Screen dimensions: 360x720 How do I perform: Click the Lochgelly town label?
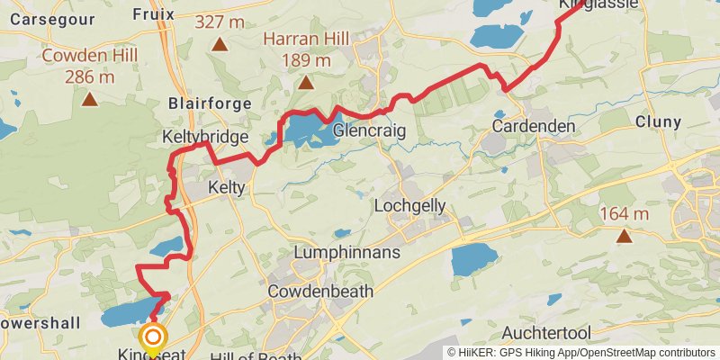point(409,205)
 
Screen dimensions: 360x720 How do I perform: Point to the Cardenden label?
point(534,126)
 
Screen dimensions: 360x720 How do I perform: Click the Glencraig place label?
point(369,131)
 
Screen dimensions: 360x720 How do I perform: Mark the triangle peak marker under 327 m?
point(219,42)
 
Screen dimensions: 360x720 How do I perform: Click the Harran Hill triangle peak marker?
point(305,84)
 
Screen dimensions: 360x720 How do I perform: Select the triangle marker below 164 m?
point(624,237)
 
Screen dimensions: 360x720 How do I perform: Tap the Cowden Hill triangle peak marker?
point(89,98)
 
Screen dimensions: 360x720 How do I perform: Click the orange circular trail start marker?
point(154,338)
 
